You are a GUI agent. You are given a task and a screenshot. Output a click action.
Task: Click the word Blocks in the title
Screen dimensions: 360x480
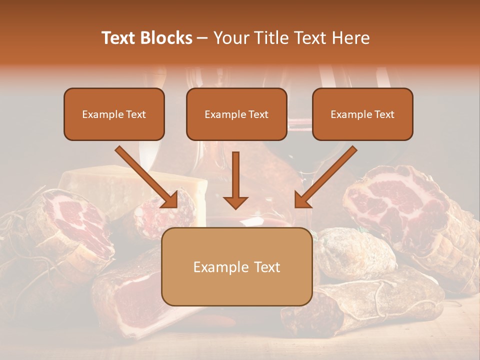166,38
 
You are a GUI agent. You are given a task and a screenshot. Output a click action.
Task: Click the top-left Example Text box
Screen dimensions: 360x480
114,114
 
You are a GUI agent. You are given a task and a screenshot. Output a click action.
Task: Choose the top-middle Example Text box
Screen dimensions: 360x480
236,114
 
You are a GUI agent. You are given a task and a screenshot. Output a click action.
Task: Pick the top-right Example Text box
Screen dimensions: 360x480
362,114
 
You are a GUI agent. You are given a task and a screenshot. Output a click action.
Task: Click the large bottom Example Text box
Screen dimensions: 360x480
236,267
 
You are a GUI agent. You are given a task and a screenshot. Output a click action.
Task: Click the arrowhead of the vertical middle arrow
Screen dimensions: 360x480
235,202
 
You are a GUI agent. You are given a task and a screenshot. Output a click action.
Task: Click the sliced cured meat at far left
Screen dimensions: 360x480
75,225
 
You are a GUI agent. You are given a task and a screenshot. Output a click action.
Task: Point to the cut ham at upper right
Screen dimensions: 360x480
395,200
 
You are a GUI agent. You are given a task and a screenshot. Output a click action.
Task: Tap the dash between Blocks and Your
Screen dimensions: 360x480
203,38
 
